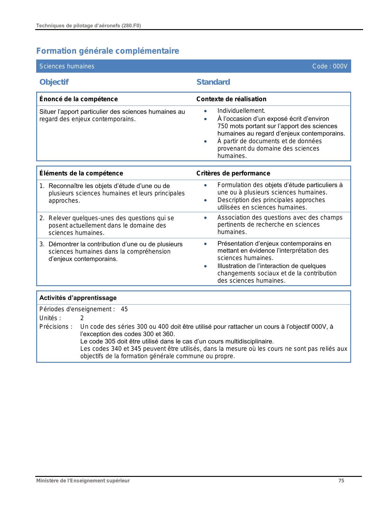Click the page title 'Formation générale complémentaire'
pyautogui.click(x=108, y=51)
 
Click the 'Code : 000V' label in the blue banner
pyautogui.click(x=330, y=66)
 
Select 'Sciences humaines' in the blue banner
pyautogui.click(x=67, y=66)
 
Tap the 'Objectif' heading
pyautogui.click(x=54, y=82)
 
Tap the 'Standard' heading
pyautogui.click(x=213, y=82)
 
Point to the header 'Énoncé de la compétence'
pyautogui.click(x=79, y=99)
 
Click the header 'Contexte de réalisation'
pyautogui.click(x=231, y=99)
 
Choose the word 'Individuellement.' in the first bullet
pyautogui.click(x=241, y=111)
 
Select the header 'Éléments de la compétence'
pyautogui.click(x=81, y=173)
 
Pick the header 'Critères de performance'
pyautogui.click(x=233, y=173)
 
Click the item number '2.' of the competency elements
pyautogui.click(x=42, y=218)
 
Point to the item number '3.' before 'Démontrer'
pyautogui.click(x=42, y=244)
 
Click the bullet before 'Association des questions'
pyautogui.click(x=205, y=218)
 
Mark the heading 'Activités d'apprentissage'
pyautogui.click(x=78, y=298)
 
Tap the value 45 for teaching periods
pyautogui.click(x=124, y=309)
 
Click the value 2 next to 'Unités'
pyautogui.click(x=82, y=318)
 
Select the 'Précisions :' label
pyautogui.click(x=56, y=327)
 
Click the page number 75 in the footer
pyautogui.click(x=341, y=481)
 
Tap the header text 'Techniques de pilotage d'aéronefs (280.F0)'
pyautogui.click(x=89, y=26)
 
